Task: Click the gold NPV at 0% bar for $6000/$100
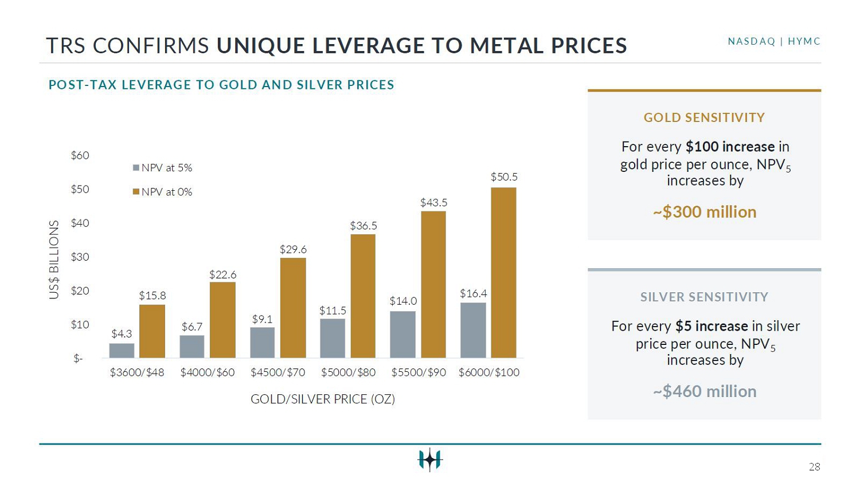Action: click(x=504, y=273)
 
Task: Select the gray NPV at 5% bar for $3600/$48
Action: click(x=122, y=351)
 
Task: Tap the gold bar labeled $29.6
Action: click(x=293, y=308)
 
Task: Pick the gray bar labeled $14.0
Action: click(x=402, y=335)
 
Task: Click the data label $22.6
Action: click(x=222, y=274)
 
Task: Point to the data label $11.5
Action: click(x=333, y=311)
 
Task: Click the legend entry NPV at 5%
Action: click(x=162, y=168)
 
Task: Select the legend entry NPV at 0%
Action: click(x=162, y=192)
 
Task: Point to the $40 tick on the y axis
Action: click(x=80, y=223)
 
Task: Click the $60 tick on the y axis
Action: click(x=80, y=155)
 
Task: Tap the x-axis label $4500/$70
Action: click(x=277, y=372)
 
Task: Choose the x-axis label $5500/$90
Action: click(x=419, y=372)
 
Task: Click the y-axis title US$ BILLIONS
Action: click(x=54, y=260)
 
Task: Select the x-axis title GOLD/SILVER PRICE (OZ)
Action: click(x=323, y=399)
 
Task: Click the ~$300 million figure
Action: click(x=705, y=212)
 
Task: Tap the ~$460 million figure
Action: click(x=705, y=392)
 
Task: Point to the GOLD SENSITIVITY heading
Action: click(x=704, y=117)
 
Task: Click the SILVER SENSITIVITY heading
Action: click(x=704, y=297)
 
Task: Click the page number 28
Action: click(x=814, y=467)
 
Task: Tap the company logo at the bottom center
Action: click(x=430, y=460)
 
